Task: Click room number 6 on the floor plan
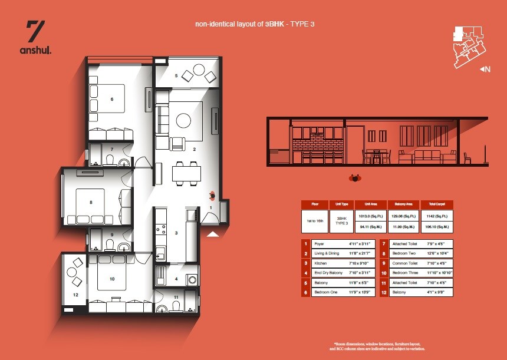[111, 99]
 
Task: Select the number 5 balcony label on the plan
[176, 75]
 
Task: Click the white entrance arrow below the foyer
[213, 234]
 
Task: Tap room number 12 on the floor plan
[75, 294]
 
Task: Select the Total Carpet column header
[437, 204]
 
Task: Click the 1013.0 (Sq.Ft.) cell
[371, 215]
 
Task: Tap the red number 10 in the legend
[384, 273]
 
